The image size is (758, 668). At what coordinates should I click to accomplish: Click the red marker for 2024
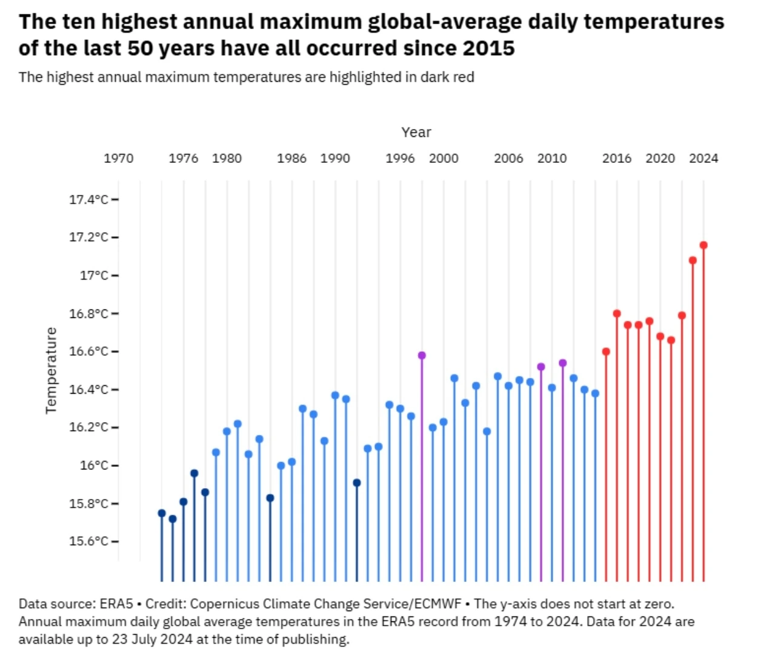tap(703, 245)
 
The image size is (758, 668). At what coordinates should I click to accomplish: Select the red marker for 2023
tap(693, 260)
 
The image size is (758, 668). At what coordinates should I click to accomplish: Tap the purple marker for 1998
tap(422, 355)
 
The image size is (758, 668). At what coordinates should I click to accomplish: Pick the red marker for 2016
tap(617, 314)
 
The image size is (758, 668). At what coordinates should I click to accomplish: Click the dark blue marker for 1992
tap(357, 483)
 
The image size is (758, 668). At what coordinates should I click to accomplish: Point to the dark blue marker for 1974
tap(162, 513)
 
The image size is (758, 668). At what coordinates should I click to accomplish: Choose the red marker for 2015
tap(606, 352)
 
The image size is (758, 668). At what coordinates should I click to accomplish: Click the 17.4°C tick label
tap(88, 199)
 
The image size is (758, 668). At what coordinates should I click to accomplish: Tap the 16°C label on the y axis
tap(94, 465)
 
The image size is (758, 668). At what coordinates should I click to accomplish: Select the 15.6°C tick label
tap(88, 541)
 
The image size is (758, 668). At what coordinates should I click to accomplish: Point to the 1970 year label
tap(119, 158)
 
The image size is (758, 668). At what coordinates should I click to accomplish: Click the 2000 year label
tap(444, 158)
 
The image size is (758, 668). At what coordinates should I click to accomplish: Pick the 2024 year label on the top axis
tap(703, 158)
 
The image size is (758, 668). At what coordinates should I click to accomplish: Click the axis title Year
tap(416, 132)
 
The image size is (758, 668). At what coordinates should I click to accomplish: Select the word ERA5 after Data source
tap(116, 604)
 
